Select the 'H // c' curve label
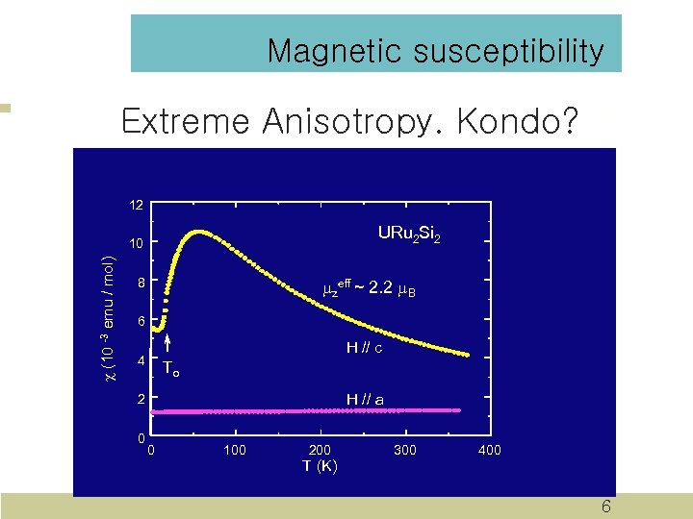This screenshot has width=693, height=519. (x=365, y=348)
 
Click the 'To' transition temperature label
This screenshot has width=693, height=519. (x=170, y=368)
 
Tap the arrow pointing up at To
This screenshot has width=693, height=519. (x=167, y=345)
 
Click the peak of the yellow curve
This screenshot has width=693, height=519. (x=199, y=232)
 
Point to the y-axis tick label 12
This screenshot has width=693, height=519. (x=137, y=205)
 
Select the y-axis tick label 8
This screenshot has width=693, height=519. (x=140, y=284)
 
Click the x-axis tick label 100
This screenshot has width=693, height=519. (x=235, y=450)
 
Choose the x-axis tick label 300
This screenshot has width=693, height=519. (x=405, y=450)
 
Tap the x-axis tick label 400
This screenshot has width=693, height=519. (x=489, y=450)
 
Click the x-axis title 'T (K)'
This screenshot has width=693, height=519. (x=320, y=466)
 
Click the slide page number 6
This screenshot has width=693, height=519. (x=605, y=507)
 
